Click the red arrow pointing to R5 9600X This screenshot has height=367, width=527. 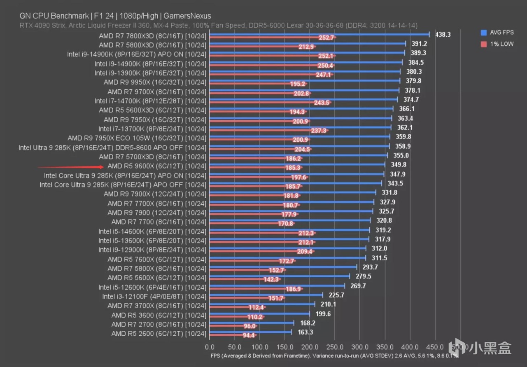[x=70, y=167]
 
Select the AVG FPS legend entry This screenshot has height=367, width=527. [x=501, y=33]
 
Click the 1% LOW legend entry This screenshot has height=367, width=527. [x=501, y=44]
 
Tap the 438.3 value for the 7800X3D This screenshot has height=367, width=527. [x=443, y=35]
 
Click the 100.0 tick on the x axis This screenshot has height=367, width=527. [x=259, y=347]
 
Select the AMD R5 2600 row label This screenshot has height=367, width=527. [x=159, y=334]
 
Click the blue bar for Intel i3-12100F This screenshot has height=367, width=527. [x=266, y=295]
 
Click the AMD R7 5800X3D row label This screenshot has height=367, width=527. [x=152, y=45]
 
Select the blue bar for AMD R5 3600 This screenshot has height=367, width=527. [x=259, y=313]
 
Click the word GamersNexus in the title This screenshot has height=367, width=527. [x=187, y=16]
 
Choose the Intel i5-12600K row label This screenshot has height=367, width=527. [x=152, y=287]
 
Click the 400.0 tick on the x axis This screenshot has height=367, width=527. [x=410, y=347]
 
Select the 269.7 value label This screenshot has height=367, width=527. [x=357, y=286]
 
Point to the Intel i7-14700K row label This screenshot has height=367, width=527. [x=150, y=101]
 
